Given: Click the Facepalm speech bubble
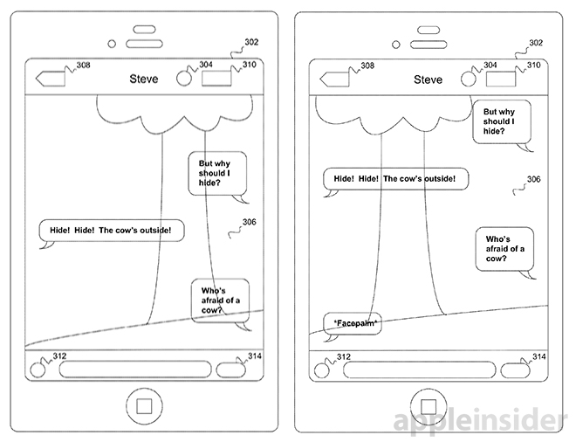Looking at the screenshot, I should point(353,323).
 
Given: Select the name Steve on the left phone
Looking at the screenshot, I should point(144,79).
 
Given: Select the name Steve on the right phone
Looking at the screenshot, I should point(428,79).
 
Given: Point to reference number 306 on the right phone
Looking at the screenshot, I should point(533,179).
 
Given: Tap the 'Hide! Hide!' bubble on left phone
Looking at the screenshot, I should point(112,231).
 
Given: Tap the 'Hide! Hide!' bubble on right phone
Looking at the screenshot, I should point(394,179).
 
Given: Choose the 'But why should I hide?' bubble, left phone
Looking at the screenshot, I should point(217,175).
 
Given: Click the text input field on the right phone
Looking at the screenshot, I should point(423,369).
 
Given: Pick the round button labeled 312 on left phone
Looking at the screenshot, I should point(38,367).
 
